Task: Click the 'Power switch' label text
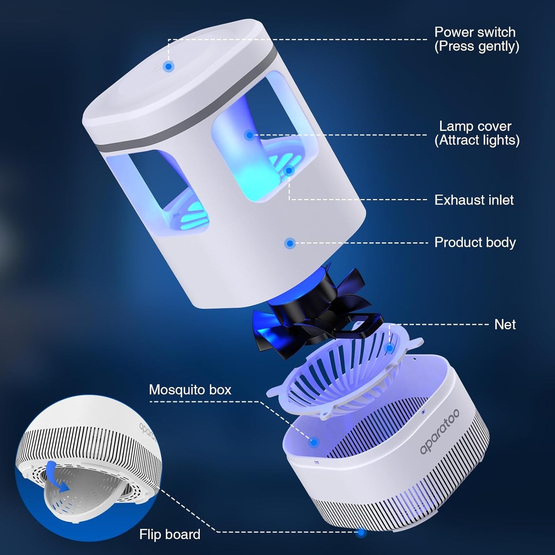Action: [x=475, y=32]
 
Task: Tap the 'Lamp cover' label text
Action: [x=475, y=126]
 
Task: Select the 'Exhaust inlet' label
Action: [x=474, y=200]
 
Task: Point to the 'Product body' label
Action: [x=475, y=242]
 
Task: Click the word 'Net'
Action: [x=505, y=325]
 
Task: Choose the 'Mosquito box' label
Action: [x=190, y=390]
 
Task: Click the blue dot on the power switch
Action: [x=169, y=66]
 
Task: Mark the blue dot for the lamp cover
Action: [x=249, y=135]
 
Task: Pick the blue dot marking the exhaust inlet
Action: [x=289, y=171]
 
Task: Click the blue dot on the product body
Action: [x=290, y=244]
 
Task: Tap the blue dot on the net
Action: [x=389, y=348]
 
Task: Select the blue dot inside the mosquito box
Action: [x=314, y=442]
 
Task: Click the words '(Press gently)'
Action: [x=477, y=46]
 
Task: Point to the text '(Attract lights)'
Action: [x=477, y=141]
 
